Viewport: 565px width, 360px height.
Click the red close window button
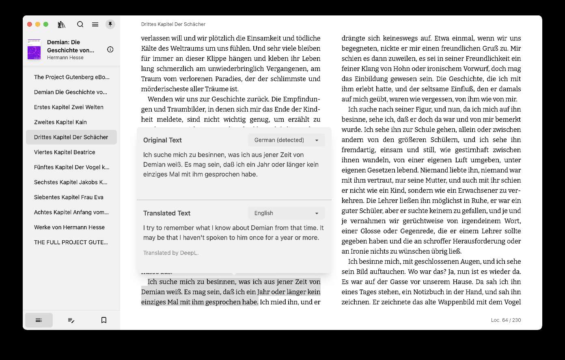(30, 24)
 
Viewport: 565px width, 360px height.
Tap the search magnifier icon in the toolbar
(80, 24)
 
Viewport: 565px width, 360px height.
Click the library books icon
(62, 24)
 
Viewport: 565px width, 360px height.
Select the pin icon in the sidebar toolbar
(110, 24)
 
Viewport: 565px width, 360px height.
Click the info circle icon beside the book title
(110, 50)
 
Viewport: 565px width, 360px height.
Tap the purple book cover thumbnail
(34, 50)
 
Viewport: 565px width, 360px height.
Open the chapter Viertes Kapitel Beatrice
(65, 152)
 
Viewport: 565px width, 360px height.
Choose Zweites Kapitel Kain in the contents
(60, 122)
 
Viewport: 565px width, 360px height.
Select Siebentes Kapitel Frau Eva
(69, 197)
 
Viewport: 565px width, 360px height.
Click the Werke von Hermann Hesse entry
(69, 227)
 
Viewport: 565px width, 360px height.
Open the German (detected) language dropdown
(286, 140)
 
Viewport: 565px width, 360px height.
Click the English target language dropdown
(286, 213)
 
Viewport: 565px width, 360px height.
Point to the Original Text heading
(162, 140)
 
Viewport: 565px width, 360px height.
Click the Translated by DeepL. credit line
(171, 253)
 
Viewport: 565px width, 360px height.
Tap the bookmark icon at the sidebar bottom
(104, 320)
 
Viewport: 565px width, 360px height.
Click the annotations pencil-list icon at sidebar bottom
(71, 320)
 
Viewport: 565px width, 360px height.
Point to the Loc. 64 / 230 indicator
(506, 320)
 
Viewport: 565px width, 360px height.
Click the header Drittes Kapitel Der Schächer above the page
(173, 24)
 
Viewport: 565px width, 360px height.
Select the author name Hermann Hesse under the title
(65, 58)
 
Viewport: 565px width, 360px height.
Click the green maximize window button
(46, 24)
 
